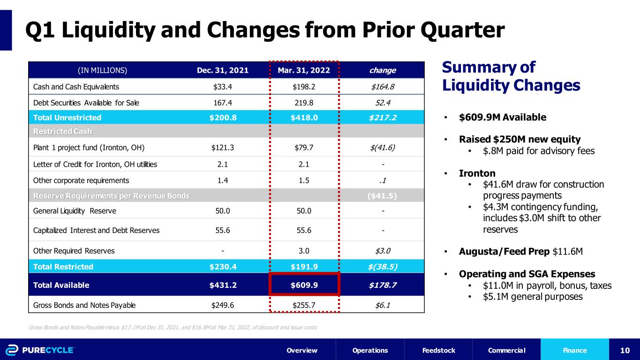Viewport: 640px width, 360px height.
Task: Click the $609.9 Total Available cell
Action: tap(304, 285)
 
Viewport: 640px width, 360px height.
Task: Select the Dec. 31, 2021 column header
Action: tap(223, 70)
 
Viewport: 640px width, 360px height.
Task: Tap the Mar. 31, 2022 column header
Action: tap(304, 70)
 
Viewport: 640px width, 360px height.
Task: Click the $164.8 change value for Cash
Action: tap(383, 86)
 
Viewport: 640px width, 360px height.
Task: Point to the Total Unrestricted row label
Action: tap(67, 117)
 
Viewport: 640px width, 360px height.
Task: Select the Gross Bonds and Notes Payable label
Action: tap(84, 305)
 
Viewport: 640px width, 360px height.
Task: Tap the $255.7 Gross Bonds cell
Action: tap(304, 305)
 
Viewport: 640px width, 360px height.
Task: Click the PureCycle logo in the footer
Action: tap(40, 350)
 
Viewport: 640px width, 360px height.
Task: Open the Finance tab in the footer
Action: tap(575, 350)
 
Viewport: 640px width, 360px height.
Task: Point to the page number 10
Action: tap(625, 350)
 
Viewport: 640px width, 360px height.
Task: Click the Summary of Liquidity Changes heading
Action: tap(511, 76)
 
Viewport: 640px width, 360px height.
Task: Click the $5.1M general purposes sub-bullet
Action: tap(533, 296)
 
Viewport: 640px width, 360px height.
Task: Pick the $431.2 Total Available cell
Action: tap(223, 285)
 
